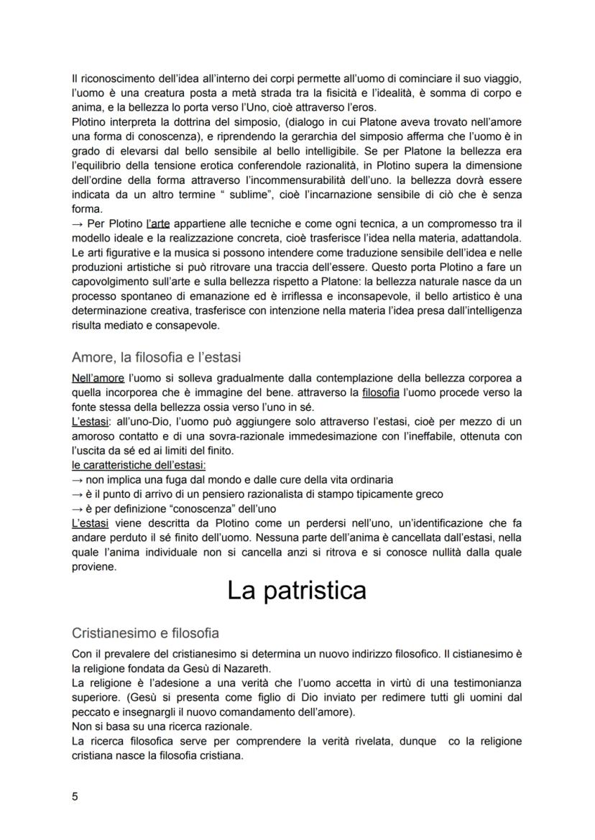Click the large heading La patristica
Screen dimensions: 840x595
pos(296,590)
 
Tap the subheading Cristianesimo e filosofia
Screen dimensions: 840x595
pos(145,633)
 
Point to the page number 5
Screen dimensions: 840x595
pos(75,795)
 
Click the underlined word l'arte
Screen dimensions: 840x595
pos(157,223)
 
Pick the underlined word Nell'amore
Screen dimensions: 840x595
pos(98,377)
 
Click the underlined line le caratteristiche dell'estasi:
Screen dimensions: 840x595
pos(139,466)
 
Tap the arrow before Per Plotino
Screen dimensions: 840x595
pos(77,223)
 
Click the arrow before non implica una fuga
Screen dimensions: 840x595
pos(77,479)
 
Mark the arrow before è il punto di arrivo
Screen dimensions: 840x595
pos(77,494)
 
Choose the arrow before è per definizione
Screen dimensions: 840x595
pos(77,508)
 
